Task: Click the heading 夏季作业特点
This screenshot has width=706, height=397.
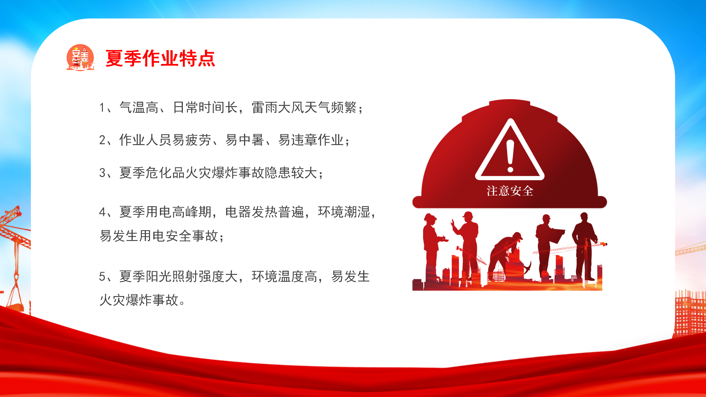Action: [x=160, y=58]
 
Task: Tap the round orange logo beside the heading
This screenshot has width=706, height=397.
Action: [x=80, y=57]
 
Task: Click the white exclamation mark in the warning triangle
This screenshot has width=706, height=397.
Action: [x=510, y=156]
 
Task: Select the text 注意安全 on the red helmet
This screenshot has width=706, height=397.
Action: [x=510, y=191]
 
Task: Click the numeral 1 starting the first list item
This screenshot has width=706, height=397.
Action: [x=102, y=108]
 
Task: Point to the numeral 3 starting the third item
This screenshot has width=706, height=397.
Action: [x=102, y=173]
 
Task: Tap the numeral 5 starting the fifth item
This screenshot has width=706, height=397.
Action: [x=102, y=276]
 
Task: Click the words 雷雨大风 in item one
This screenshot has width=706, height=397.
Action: [x=278, y=108]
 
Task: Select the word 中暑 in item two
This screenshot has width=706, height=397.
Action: [x=245, y=140]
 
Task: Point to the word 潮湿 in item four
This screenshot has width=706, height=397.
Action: [x=357, y=212]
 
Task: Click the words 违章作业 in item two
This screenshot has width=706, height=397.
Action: [x=311, y=140]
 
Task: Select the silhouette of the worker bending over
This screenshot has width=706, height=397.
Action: [x=507, y=255]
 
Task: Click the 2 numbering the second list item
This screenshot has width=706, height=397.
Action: [x=102, y=140]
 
